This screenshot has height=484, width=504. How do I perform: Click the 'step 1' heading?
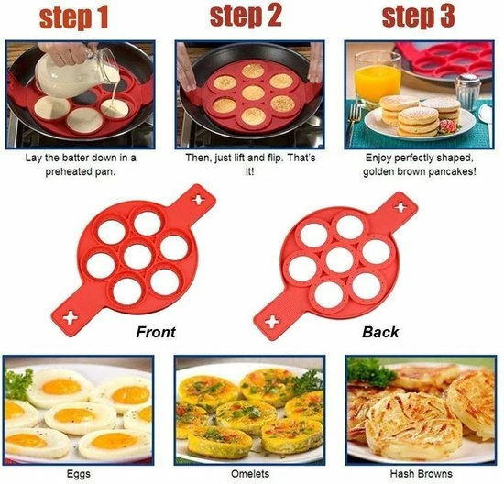pyautogui.click(x=74, y=18)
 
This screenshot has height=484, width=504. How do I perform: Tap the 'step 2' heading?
pyautogui.click(x=246, y=16)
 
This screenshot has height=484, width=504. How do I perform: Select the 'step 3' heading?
pyautogui.click(x=419, y=16)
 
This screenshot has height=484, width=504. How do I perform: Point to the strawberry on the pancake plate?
pyautogui.click(x=448, y=126)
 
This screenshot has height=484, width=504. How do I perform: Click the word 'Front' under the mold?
pyautogui.click(x=156, y=332)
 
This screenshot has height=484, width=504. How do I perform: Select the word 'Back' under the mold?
pyautogui.click(x=380, y=332)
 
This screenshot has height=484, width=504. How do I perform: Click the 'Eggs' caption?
pyautogui.click(x=79, y=474)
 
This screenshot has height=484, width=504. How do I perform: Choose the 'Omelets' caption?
pyautogui.click(x=250, y=473)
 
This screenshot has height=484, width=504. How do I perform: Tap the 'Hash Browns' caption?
pyautogui.click(x=422, y=473)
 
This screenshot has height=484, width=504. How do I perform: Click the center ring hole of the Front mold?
pyautogui.click(x=137, y=257)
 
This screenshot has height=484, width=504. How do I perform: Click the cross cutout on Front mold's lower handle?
pyautogui.click(x=70, y=318)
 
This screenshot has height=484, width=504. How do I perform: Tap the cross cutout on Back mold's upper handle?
pyautogui.click(x=400, y=207)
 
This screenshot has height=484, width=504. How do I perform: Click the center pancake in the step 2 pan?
pyautogui.click(x=253, y=93)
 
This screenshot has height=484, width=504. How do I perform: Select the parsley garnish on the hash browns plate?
pyautogui.click(x=370, y=373)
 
